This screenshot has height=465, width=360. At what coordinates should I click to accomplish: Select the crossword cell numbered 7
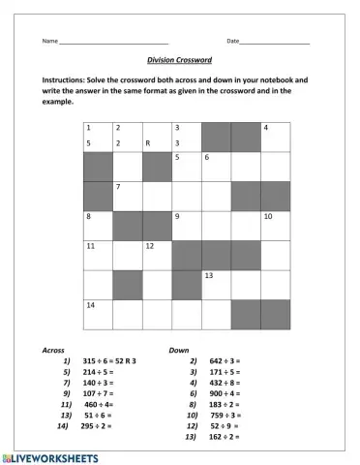128,196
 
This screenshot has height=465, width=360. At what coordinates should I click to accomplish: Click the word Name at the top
49,42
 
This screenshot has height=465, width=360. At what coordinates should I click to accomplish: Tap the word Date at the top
232,42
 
